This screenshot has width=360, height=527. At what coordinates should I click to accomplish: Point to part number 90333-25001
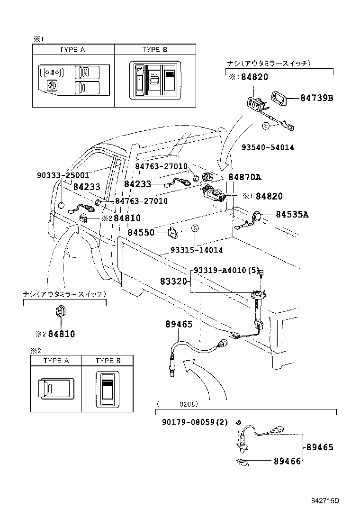(63, 175)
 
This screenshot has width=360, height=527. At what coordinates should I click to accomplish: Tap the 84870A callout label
(245, 177)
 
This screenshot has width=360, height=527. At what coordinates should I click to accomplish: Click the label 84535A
(292, 215)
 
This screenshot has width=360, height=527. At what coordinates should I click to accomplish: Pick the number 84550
(141, 233)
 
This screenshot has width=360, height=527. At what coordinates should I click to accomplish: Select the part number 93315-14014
(197, 250)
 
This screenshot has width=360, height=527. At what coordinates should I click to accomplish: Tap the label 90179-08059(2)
(193, 421)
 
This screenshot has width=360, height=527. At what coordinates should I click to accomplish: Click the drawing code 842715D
(325, 500)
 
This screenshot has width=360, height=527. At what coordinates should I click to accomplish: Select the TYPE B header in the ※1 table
(155, 50)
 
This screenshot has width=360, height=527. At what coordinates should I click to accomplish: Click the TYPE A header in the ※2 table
(56, 361)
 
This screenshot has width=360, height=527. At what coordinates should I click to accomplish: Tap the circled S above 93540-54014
(265, 126)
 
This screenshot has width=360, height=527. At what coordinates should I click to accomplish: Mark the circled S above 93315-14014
(194, 229)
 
